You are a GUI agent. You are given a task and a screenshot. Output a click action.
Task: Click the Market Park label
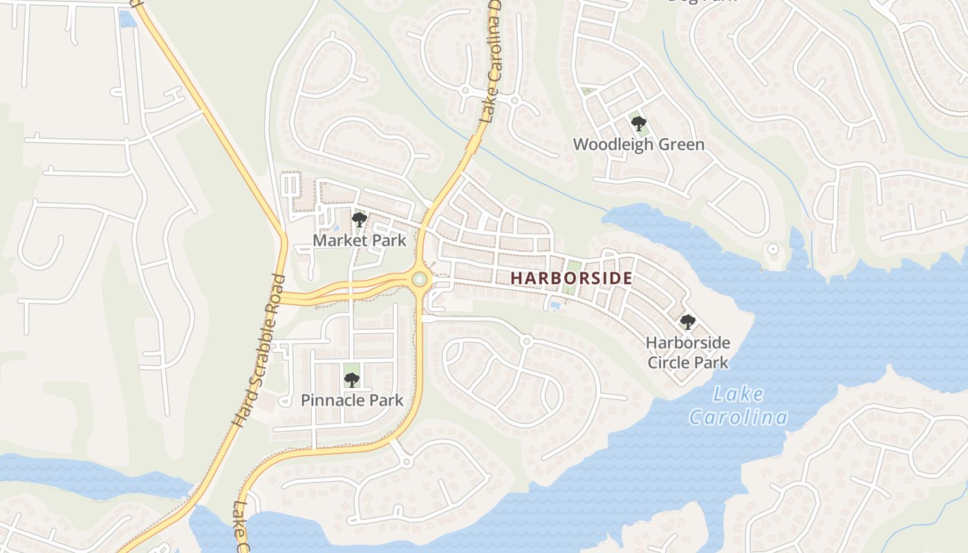pyautogui.click(x=360, y=241)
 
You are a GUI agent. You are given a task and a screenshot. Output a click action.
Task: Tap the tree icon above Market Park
pyautogui.click(x=359, y=220)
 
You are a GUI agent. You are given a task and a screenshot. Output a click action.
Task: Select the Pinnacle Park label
pyautogui.click(x=352, y=400)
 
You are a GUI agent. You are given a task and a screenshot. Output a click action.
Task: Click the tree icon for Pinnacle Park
pyautogui.click(x=352, y=379)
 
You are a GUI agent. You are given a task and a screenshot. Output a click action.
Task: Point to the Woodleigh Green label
pyautogui.click(x=639, y=144)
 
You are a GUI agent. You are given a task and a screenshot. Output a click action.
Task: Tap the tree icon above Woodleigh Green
pyautogui.click(x=639, y=124)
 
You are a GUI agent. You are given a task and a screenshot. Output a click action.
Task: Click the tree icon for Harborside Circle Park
pyautogui.click(x=687, y=321)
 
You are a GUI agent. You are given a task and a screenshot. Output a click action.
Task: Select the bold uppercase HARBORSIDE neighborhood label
pyautogui.click(x=571, y=278)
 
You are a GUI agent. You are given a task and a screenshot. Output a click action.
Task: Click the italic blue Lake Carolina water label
pyautogui.click(x=738, y=406)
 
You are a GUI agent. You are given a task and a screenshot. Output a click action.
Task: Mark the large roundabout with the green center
pyautogui.click(x=419, y=280)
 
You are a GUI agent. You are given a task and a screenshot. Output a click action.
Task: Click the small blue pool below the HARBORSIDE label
pyautogui.click(x=555, y=306)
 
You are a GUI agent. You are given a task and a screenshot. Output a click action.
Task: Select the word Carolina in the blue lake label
pyautogui.click(x=738, y=418)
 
